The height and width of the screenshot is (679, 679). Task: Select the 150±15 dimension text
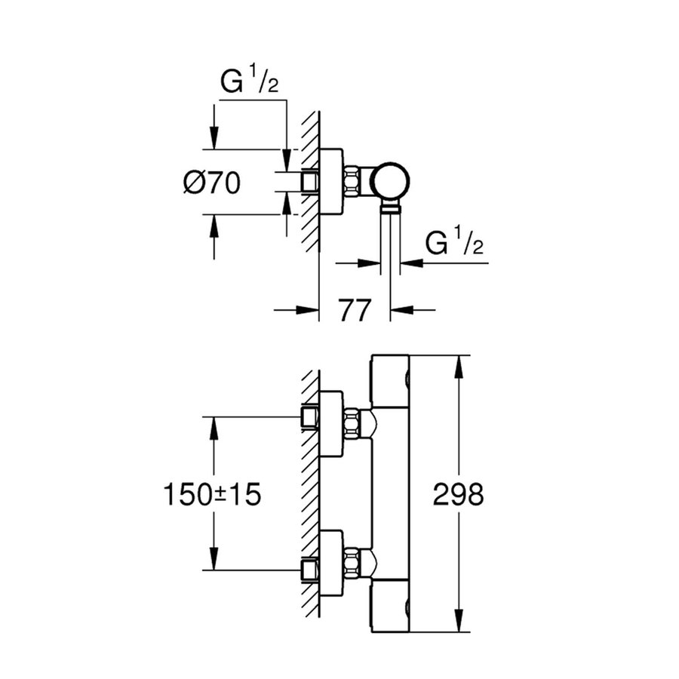pyautogui.click(x=212, y=496)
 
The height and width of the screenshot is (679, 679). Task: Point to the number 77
pyautogui.click(x=355, y=309)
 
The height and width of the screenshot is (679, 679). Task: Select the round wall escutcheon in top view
pyautogui.click(x=331, y=182)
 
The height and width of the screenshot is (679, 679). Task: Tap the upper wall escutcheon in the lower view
pyautogui.click(x=331, y=423)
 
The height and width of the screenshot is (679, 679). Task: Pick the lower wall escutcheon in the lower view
pyautogui.click(x=331, y=563)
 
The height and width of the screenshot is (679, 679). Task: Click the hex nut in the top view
pyautogui.click(x=353, y=182)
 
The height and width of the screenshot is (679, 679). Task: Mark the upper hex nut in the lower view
pyautogui.click(x=352, y=423)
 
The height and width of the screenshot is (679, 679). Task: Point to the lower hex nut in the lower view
pyautogui.click(x=352, y=563)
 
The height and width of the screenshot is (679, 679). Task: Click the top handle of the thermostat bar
pyautogui.click(x=391, y=381)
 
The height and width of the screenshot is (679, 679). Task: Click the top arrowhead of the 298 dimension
pyautogui.click(x=459, y=364)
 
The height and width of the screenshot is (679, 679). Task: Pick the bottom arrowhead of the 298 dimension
pyautogui.click(x=459, y=624)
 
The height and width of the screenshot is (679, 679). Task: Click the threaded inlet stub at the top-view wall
pyautogui.click(x=310, y=182)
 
